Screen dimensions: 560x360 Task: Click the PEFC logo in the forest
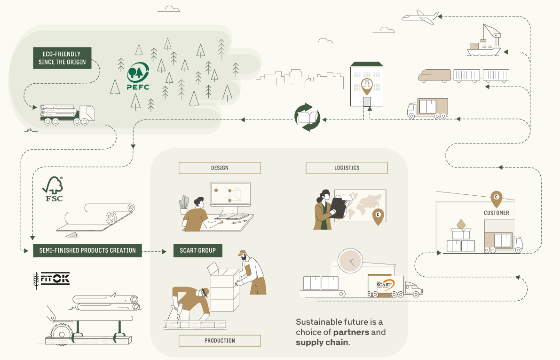(138, 76)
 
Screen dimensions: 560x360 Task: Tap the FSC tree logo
(53, 189)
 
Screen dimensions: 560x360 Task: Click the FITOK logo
(52, 279)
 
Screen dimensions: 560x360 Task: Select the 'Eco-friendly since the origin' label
(62, 58)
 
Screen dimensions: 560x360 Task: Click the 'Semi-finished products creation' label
(87, 251)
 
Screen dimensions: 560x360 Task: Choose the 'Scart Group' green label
(198, 251)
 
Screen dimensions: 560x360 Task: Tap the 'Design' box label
(220, 168)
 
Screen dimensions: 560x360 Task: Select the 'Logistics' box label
(347, 168)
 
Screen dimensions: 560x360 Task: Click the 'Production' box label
(220, 341)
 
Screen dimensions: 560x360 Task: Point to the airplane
(420, 17)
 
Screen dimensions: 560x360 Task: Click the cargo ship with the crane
(484, 41)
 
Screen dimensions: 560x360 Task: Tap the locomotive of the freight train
(434, 76)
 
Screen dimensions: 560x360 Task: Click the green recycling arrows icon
(308, 117)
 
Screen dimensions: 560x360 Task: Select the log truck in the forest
(67, 115)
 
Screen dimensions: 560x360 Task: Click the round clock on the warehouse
(350, 261)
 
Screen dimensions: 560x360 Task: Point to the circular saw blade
(62, 334)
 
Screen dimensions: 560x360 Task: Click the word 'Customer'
(497, 213)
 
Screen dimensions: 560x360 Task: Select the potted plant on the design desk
(183, 205)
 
